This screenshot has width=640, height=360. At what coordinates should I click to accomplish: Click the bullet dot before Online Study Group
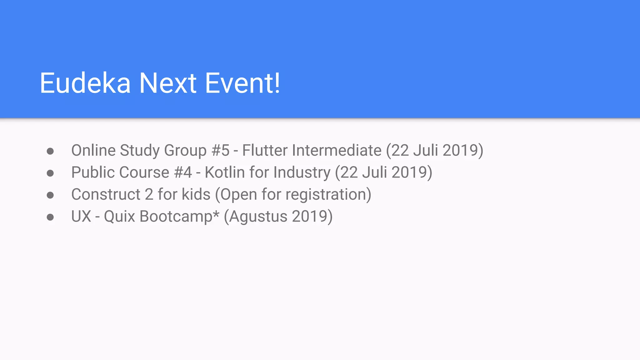point(50,152)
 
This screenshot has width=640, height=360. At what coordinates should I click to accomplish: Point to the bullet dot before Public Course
point(50,173)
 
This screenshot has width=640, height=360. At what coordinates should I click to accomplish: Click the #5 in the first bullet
point(220,151)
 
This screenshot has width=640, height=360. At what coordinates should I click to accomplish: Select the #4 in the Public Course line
point(183,172)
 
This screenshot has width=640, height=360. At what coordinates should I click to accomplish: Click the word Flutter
point(265,151)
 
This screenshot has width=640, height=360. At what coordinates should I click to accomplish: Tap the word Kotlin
point(225,172)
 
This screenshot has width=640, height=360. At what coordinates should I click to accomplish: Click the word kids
point(196,194)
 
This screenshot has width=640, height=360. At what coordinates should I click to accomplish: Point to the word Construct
point(106,194)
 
